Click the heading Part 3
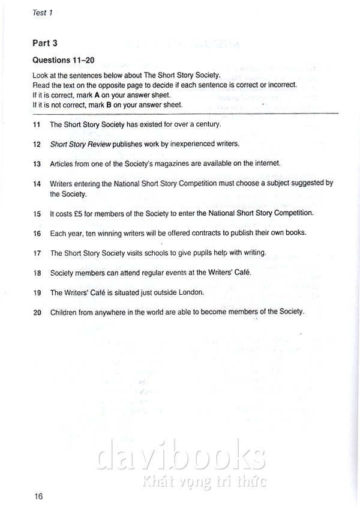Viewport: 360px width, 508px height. point(46,44)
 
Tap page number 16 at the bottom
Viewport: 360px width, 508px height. point(39,496)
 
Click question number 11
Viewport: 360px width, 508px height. point(37,125)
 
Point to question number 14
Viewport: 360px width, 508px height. point(37,183)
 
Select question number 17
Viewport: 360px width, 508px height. point(37,253)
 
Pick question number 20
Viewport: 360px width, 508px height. point(37,312)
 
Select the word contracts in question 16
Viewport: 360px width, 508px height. point(201,232)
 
